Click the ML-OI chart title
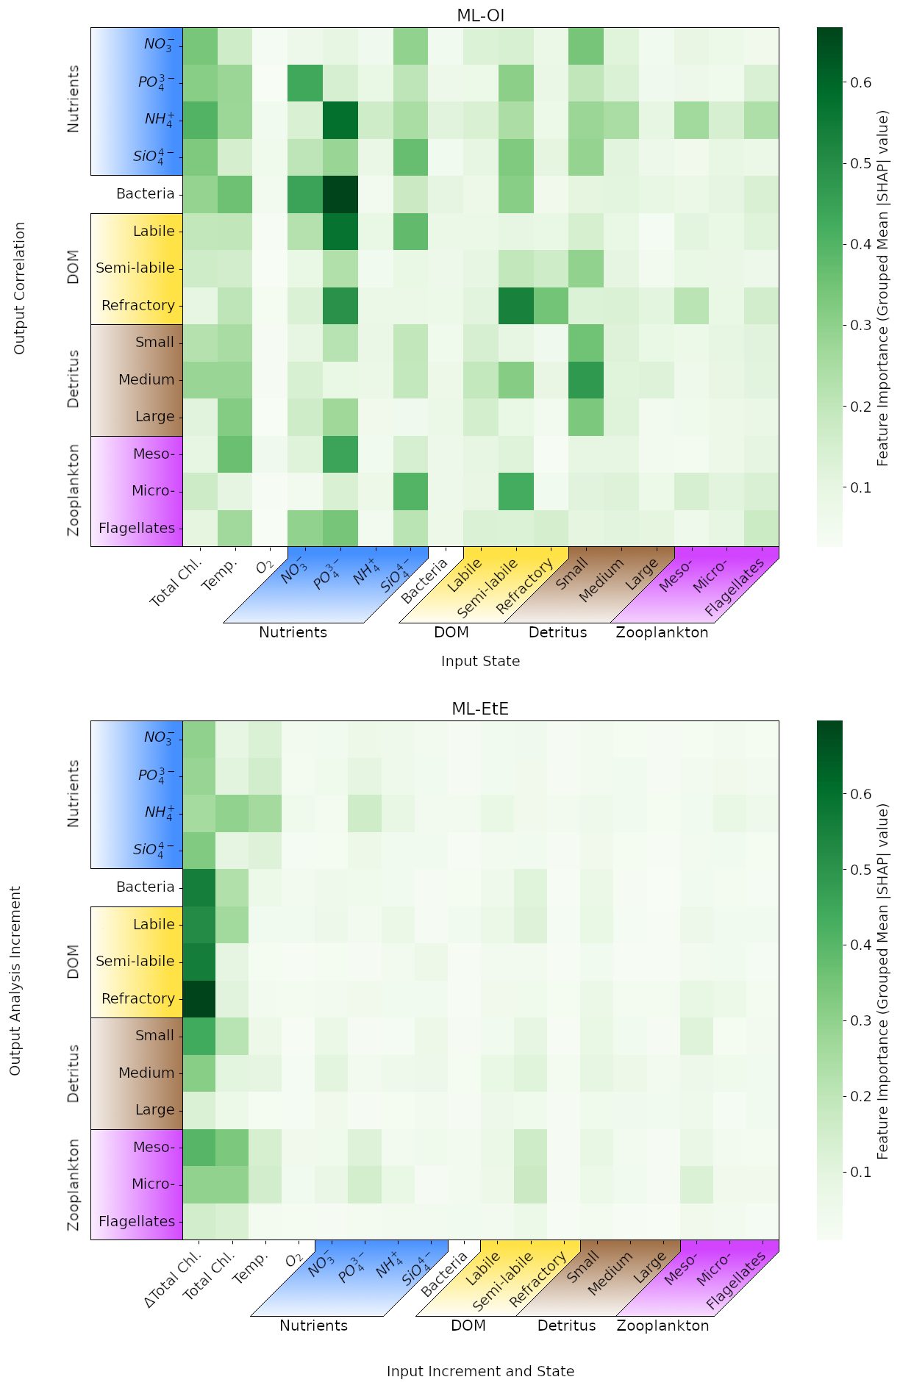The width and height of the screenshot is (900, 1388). [x=480, y=15]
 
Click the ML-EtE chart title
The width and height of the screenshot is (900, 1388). [x=480, y=709]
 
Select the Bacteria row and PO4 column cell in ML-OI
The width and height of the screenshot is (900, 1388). [x=340, y=194]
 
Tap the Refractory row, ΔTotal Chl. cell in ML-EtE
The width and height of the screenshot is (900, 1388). [x=199, y=998]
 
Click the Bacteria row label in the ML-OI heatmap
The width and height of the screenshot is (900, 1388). [x=146, y=194]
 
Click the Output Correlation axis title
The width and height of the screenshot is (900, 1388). [x=20, y=287]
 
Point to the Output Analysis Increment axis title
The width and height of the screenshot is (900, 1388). [x=16, y=981]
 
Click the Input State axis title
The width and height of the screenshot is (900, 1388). [x=480, y=661]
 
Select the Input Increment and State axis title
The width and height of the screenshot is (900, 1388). [x=480, y=1371]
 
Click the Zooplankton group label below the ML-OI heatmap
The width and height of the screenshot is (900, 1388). [x=662, y=632]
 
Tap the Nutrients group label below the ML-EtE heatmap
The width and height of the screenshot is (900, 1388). [x=313, y=1326]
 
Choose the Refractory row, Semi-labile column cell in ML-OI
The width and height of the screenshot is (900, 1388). [x=515, y=305]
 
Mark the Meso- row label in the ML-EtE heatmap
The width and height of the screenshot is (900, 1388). [x=154, y=1147]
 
